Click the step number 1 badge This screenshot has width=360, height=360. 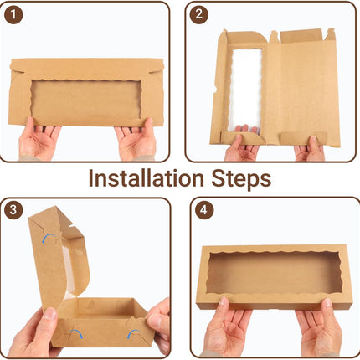13,15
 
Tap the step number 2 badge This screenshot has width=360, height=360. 199,14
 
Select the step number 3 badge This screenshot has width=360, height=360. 13,209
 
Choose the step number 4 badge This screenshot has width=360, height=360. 204,210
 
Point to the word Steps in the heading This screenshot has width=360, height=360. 241,179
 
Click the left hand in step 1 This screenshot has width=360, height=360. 39,139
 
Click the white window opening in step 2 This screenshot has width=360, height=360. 245,90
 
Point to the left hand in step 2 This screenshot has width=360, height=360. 242,144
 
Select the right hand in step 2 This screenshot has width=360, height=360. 310,149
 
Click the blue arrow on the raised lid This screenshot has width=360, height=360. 49,238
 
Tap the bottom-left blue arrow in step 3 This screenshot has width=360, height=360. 75,333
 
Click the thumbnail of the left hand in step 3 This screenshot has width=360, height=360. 50,313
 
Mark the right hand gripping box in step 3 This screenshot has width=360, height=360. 158,324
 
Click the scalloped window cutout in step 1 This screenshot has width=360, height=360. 86,101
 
